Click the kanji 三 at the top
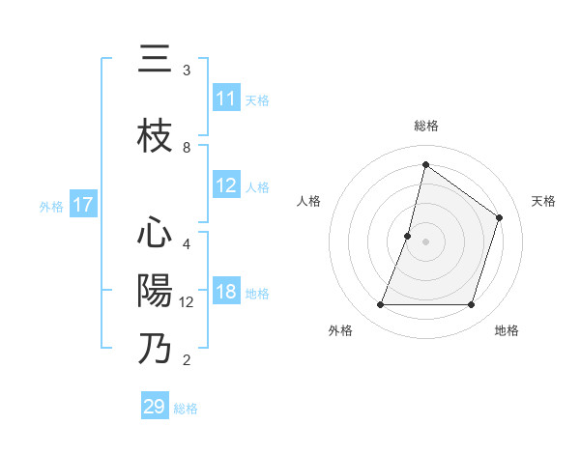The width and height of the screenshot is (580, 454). [x=155, y=60]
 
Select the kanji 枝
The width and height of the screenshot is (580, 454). [x=155, y=137]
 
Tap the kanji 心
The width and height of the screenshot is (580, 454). [x=155, y=234]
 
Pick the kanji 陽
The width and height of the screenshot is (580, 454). [x=155, y=291]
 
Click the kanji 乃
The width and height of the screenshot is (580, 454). [x=155, y=349]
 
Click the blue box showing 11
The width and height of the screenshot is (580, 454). [x=226, y=99]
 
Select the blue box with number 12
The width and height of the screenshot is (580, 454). [x=226, y=185]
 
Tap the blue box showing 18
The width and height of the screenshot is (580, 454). [x=226, y=293]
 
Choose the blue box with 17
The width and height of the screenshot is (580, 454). [x=83, y=205]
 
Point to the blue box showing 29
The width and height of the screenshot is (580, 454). [x=155, y=407]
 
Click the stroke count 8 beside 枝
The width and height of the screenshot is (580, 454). [x=187, y=148]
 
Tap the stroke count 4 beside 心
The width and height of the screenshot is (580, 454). [x=187, y=244]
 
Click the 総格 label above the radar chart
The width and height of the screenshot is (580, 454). [x=425, y=126]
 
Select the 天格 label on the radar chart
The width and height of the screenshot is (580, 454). [x=543, y=201]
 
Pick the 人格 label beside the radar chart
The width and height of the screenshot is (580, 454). [x=308, y=201]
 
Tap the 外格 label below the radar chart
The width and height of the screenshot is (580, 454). [x=340, y=330]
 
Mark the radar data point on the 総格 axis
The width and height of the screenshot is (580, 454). [x=425, y=164]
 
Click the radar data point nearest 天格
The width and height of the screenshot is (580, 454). [x=500, y=217]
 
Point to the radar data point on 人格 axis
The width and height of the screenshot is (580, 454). [x=408, y=236]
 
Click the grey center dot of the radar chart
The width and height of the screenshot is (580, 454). [x=425, y=241]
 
